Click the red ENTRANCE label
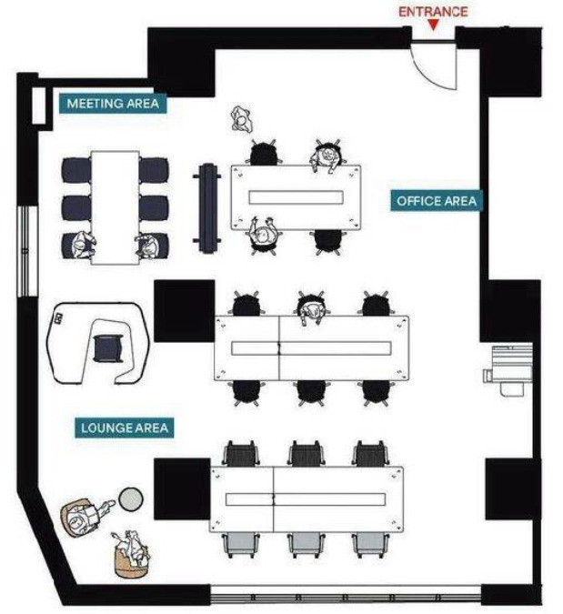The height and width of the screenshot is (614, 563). (x=433, y=12)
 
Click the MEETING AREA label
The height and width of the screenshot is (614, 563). (x=113, y=104)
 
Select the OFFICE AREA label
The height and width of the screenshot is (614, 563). (x=437, y=201)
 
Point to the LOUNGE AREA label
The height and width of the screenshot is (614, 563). (x=125, y=427)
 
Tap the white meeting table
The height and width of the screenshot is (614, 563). (x=115, y=206)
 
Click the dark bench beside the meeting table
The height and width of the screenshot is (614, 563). (x=208, y=207)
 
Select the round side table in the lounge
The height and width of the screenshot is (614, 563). (x=132, y=498)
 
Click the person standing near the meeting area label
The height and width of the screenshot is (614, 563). (x=240, y=119)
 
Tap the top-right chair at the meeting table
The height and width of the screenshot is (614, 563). (x=154, y=170)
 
